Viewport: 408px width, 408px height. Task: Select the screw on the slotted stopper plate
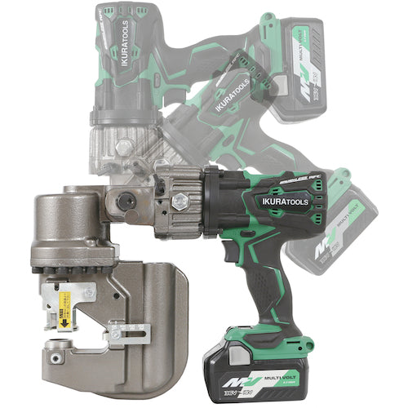tap(118, 334)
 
